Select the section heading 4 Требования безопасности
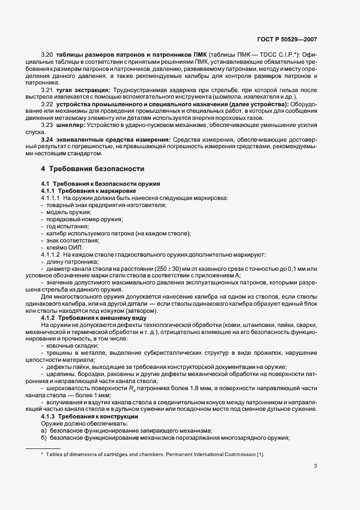click(x=93, y=168)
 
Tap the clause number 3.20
click(x=47, y=55)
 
